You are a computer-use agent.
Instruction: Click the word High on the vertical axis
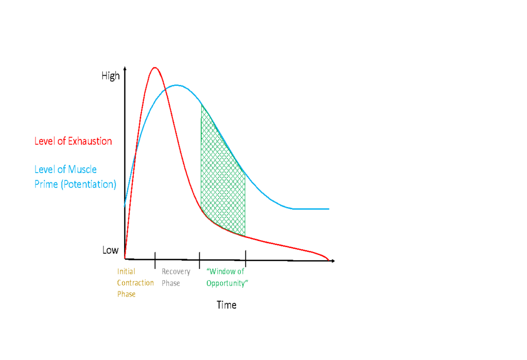point(111,76)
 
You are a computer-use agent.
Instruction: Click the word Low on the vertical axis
point(110,250)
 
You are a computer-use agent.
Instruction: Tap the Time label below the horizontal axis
point(226,305)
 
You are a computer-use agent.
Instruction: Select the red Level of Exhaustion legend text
point(73,141)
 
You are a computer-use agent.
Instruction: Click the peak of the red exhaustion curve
point(154,67)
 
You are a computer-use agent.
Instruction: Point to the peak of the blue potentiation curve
point(177,85)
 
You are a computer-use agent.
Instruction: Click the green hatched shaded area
point(222,185)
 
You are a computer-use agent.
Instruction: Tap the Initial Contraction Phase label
point(135,283)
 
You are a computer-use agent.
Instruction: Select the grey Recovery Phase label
point(176,277)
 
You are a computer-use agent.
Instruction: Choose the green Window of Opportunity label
point(227,277)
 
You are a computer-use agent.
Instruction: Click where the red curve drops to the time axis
point(328,259)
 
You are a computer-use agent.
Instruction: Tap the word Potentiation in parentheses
point(89,184)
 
